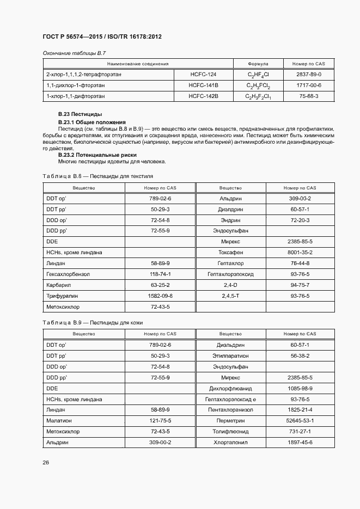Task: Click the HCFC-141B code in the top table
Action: [203, 85]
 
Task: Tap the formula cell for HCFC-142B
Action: [258, 97]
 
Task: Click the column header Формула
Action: [258, 64]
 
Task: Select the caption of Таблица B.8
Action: [97, 176]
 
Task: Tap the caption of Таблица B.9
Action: [92, 323]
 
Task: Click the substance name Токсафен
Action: [230, 252]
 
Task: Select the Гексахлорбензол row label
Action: [68, 274]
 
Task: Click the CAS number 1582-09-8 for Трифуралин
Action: [160, 296]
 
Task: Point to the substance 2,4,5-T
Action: [230, 296]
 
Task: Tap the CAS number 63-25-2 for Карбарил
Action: [160, 285]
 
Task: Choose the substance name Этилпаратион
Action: [230, 355]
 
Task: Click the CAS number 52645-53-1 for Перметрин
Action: [300, 421]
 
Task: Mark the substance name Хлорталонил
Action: [230, 443]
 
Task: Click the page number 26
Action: [46, 463]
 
